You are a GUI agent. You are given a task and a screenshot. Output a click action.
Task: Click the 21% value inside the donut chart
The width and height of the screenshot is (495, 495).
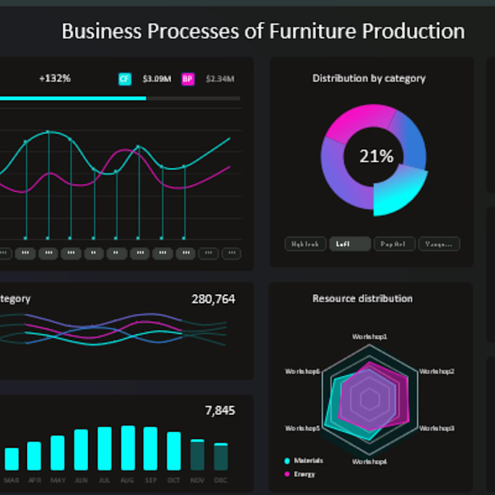click(376, 156)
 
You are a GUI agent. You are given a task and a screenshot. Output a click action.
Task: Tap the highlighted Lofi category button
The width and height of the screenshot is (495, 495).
click(349, 244)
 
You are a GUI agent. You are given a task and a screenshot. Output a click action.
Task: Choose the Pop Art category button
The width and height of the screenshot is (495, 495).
click(394, 244)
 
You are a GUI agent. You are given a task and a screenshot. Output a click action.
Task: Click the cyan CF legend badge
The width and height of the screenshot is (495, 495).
click(124, 79)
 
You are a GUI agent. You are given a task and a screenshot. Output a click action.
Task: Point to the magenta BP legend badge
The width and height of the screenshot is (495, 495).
click(188, 79)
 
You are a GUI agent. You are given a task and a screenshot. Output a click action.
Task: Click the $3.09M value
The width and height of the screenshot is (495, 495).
click(157, 79)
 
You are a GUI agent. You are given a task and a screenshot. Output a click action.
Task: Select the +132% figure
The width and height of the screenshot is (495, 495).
click(55, 78)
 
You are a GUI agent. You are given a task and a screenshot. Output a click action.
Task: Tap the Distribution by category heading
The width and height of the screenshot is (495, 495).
click(368, 78)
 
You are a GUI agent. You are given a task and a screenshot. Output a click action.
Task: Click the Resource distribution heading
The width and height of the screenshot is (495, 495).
click(362, 298)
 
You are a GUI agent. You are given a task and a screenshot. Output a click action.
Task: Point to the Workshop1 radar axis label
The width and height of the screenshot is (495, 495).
click(370, 337)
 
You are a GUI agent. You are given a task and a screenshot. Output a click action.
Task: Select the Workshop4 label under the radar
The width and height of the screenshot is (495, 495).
click(370, 462)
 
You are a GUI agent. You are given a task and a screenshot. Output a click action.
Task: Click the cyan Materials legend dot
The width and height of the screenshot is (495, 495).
click(287, 461)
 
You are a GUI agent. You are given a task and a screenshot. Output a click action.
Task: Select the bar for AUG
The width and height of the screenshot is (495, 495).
click(128, 448)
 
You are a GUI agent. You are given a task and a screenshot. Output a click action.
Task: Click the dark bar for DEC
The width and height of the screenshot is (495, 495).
click(221, 456)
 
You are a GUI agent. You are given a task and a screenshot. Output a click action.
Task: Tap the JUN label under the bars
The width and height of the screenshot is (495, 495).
click(81, 480)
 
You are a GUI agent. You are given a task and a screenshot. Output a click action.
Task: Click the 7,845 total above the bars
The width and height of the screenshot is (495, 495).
click(220, 411)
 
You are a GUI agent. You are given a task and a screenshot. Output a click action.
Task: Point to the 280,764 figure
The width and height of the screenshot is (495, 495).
click(213, 298)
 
